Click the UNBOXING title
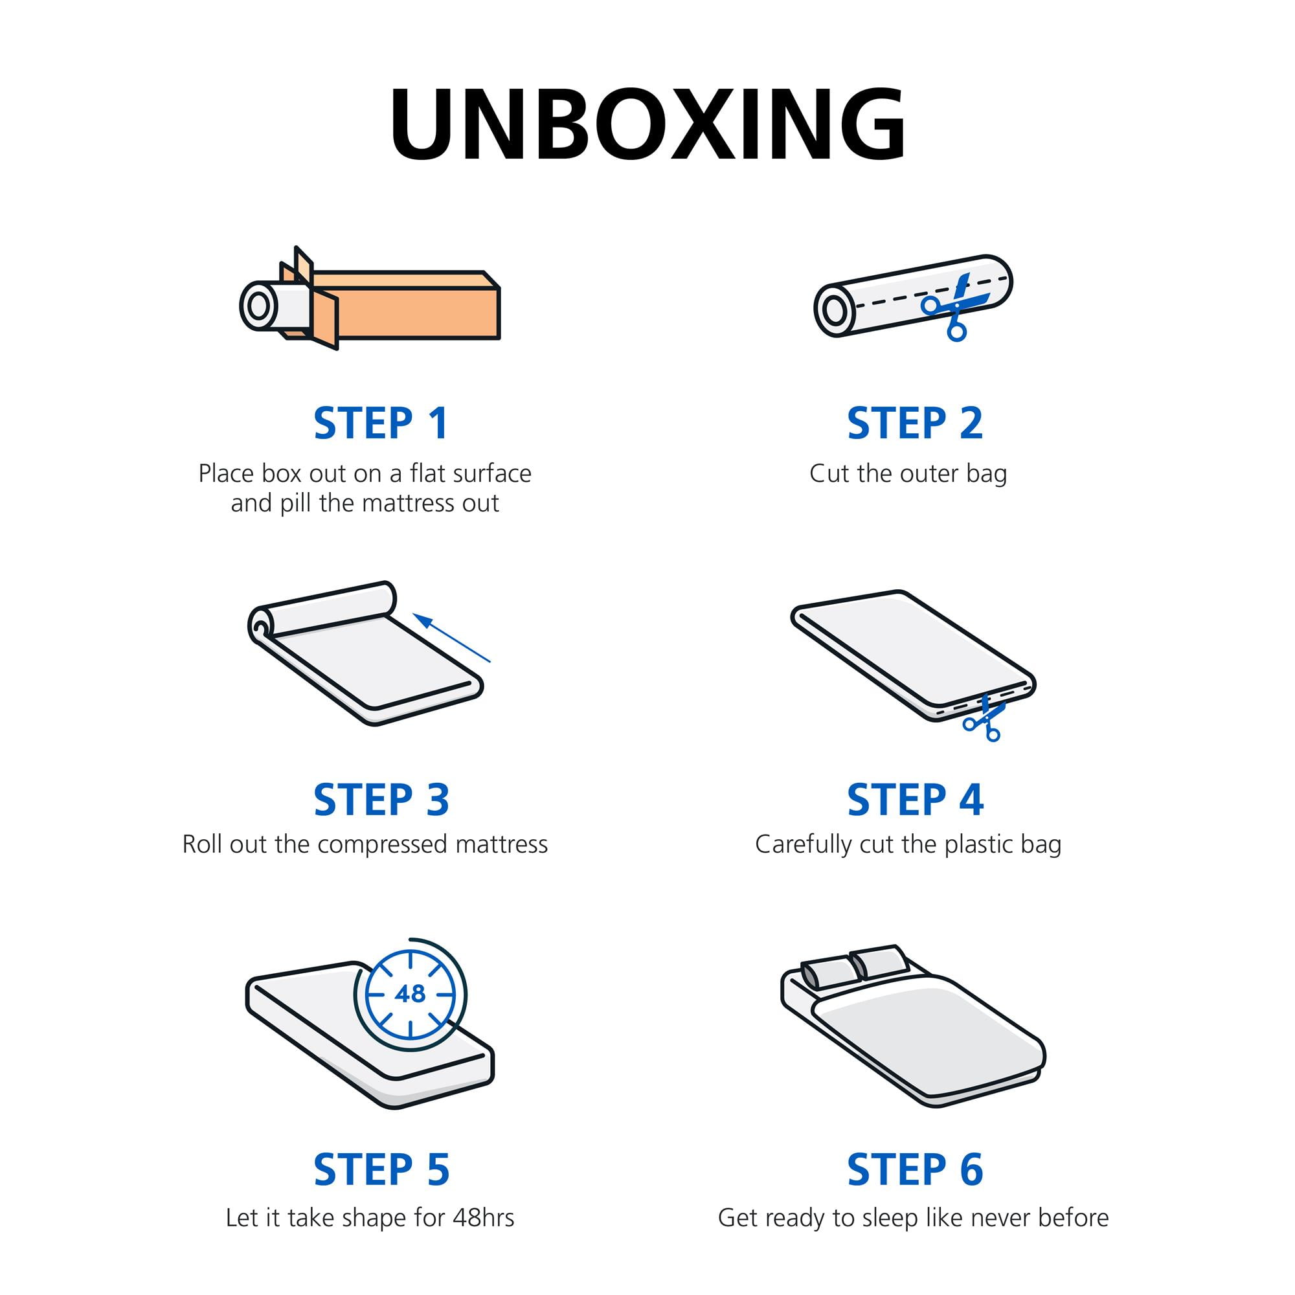click(x=647, y=124)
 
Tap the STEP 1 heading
click(x=381, y=423)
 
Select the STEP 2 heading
click(x=915, y=423)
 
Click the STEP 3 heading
click(x=381, y=800)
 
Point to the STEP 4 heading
click(x=915, y=800)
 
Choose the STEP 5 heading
click(x=381, y=1169)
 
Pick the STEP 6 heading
click(x=915, y=1169)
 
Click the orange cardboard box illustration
click(x=402, y=305)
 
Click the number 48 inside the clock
click(x=411, y=993)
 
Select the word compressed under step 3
click(x=383, y=844)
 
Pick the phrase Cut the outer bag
click(x=908, y=474)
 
